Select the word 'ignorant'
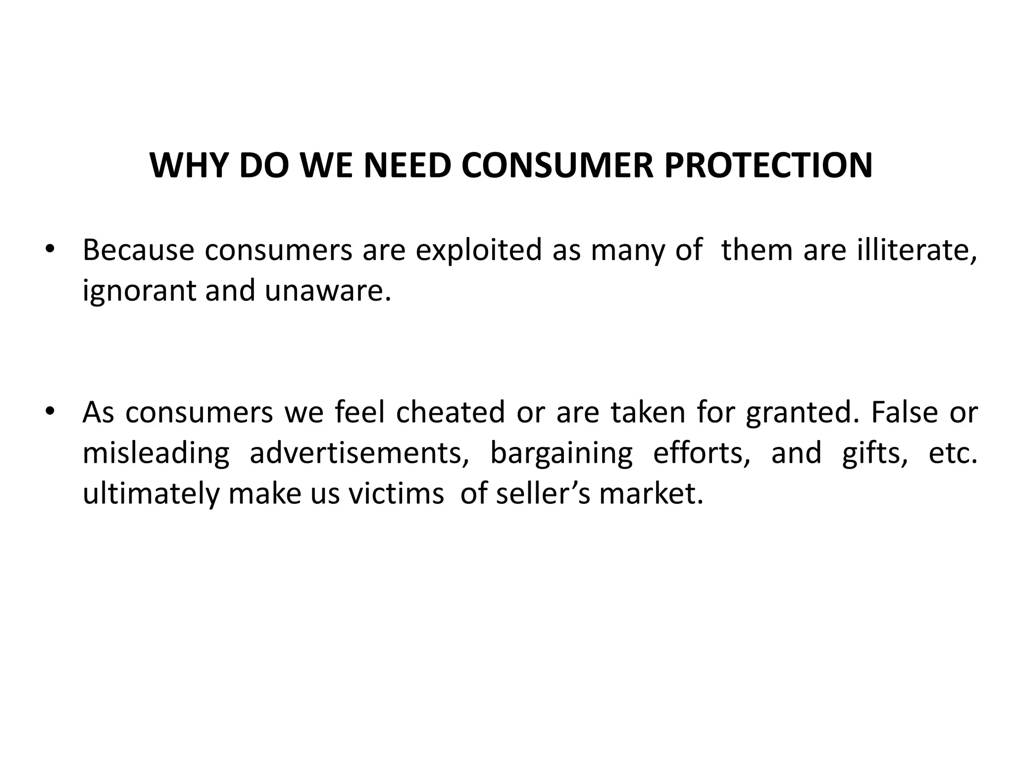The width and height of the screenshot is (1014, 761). point(139,291)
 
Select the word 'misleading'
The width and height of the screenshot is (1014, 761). point(156,453)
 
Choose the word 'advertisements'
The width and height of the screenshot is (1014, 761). point(359,453)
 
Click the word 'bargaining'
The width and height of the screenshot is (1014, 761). point(561,453)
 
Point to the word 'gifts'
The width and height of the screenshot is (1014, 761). point(875,453)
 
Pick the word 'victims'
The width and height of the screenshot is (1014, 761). point(396,493)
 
